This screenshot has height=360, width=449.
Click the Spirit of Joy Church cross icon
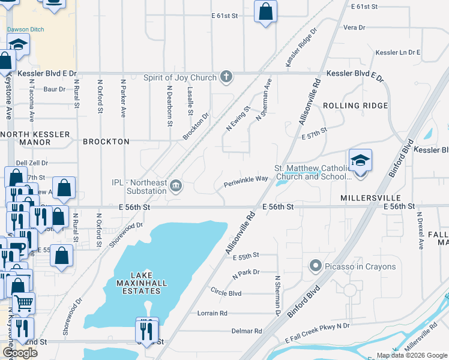tap(226, 76)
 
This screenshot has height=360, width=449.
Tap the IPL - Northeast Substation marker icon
tap(175, 185)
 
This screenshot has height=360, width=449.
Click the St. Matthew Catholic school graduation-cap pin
tap(360, 161)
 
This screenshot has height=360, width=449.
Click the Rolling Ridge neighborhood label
tap(355, 106)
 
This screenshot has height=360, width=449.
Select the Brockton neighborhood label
tap(106, 142)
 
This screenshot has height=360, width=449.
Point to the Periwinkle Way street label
tap(246, 179)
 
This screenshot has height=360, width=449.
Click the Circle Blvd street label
tap(226, 293)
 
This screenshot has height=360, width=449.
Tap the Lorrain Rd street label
tap(212, 313)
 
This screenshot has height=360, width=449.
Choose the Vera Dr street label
tap(354, 28)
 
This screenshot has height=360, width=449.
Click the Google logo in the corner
tap(20, 353)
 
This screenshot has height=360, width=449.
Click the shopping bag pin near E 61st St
tap(265, 11)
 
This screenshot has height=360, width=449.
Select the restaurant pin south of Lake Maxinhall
tap(147, 329)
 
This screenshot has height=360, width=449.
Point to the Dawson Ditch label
tap(23, 29)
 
